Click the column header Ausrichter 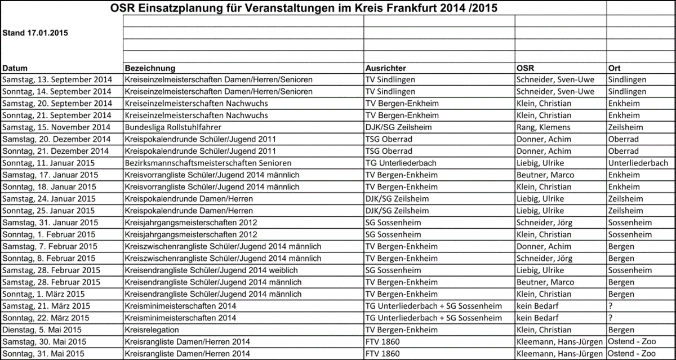tap(385, 68)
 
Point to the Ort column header tap(615, 68)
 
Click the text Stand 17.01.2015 tap(35, 33)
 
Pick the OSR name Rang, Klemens tap(543, 127)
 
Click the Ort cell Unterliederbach tap(638, 163)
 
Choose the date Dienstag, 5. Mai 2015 tap(42, 330)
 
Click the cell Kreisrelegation tap(152, 330)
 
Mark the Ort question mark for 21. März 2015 tap(611, 306)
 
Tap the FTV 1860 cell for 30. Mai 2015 tap(383, 341)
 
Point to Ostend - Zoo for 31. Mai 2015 tap(632, 353)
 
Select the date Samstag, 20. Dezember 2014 tap(56, 139)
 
